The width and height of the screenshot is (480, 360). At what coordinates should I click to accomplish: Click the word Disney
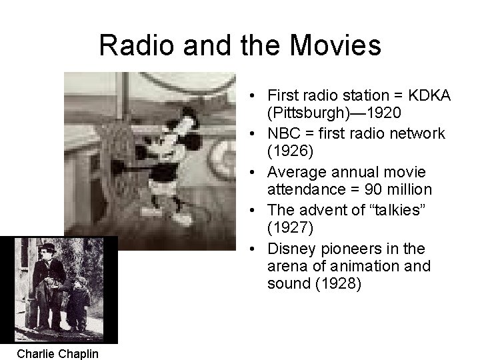coord(291,249)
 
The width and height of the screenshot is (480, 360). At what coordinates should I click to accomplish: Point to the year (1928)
coord(339,284)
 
